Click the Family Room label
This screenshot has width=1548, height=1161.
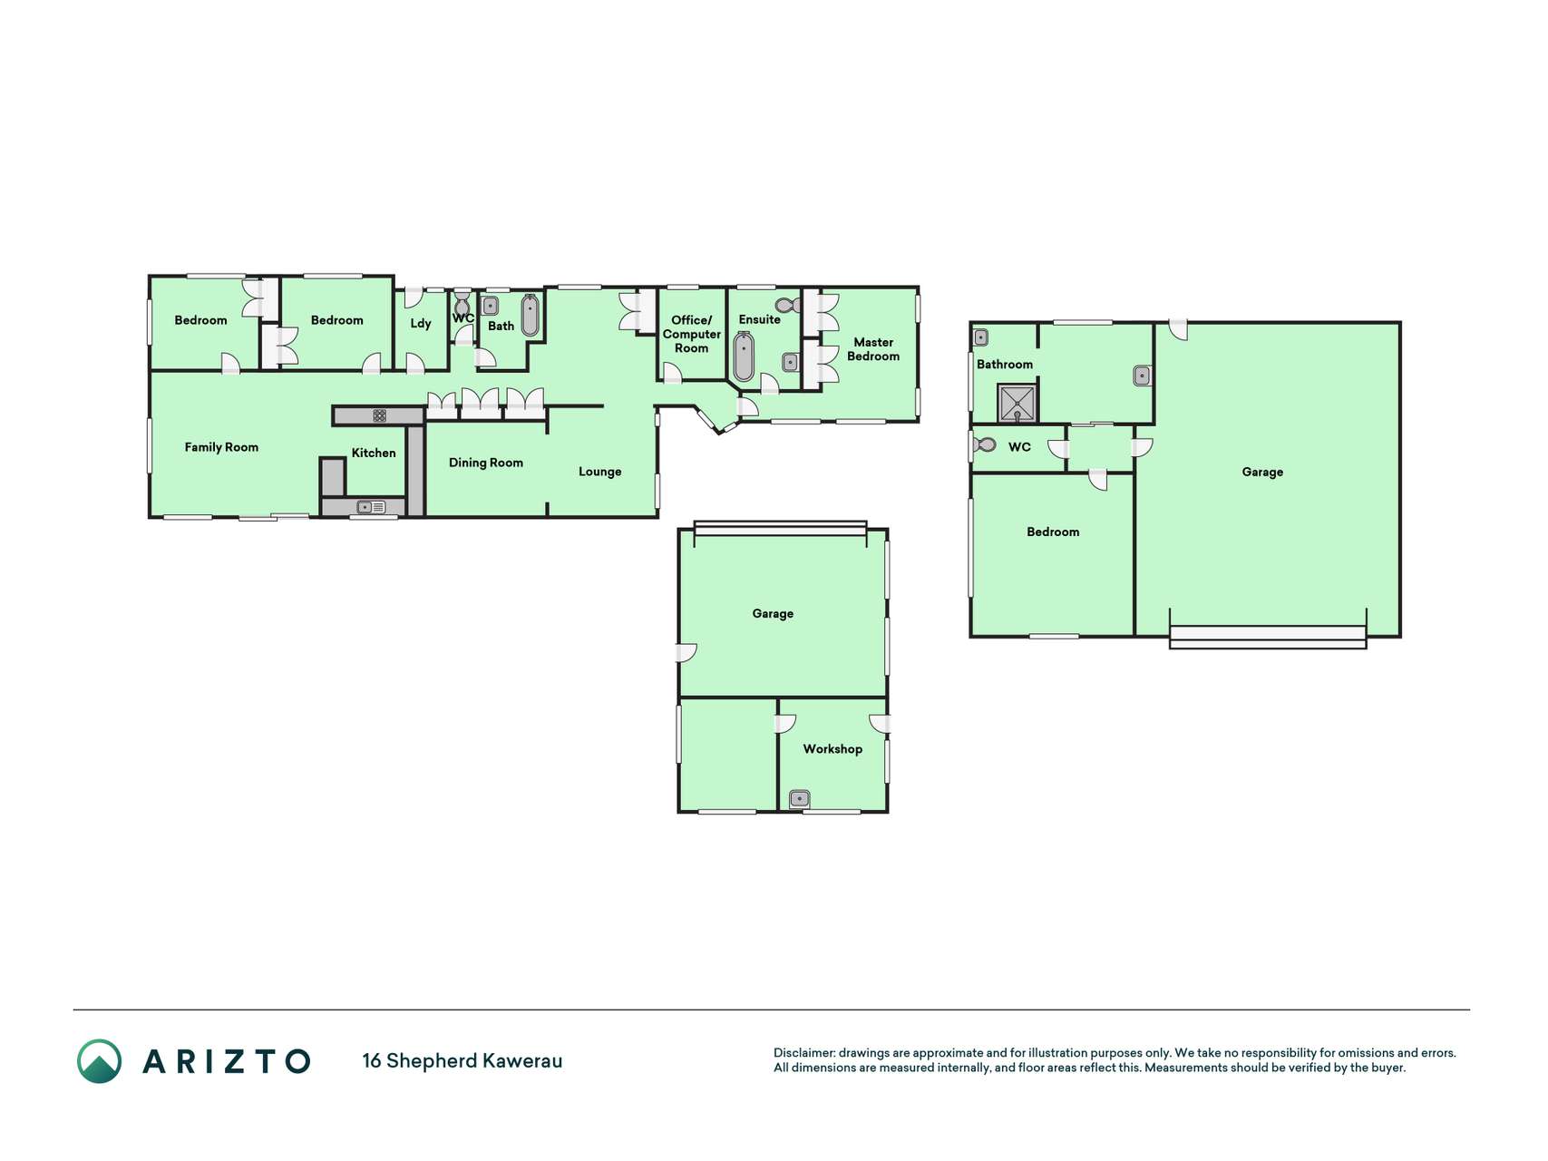point(221,447)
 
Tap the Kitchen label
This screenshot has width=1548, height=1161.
point(374,453)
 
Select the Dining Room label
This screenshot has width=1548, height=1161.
point(486,463)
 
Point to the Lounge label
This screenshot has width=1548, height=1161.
point(600,472)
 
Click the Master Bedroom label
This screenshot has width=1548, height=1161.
point(873,349)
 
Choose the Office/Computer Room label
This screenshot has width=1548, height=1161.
point(692,334)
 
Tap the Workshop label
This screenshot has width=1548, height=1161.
point(832,749)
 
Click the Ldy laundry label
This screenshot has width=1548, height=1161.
point(421,324)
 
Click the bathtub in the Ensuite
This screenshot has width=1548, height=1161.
point(744,356)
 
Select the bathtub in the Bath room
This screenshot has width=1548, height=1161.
point(531,315)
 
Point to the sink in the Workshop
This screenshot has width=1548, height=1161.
point(799,799)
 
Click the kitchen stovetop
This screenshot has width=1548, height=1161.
point(379,415)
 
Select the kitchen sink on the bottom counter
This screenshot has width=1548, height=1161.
point(371,507)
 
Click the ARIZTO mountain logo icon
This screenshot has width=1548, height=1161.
point(99,1061)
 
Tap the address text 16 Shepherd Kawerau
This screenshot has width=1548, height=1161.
point(462,1061)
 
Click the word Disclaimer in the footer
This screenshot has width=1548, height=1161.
point(803,1053)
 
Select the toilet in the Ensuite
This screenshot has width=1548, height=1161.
point(788,305)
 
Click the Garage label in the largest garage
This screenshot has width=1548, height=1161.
point(1262,472)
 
